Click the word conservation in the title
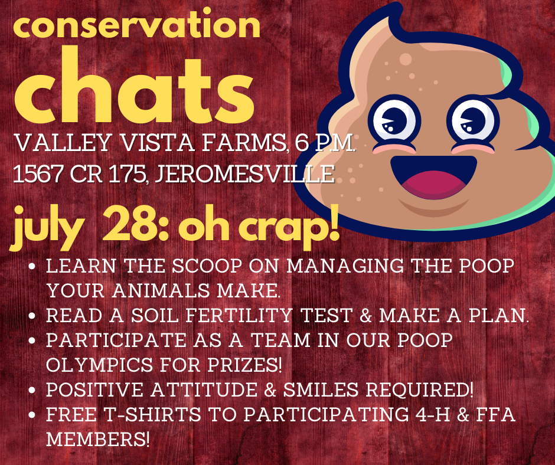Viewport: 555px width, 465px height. tap(136, 28)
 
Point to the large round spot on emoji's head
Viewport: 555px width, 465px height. tap(406, 59)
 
